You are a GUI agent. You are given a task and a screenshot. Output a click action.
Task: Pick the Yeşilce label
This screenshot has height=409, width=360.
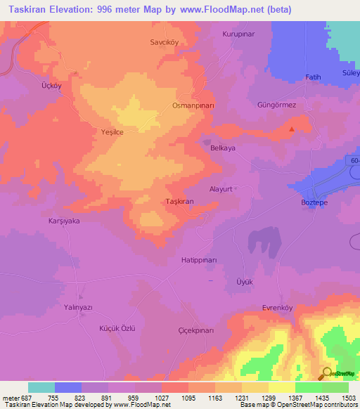pos(112,131)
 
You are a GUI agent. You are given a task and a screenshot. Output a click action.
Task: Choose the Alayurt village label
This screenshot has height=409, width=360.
pos(220,189)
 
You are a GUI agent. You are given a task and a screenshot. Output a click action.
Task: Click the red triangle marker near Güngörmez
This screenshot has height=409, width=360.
pos(292,128)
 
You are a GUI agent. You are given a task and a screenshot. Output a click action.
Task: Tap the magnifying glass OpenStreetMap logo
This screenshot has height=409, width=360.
pos(327,373)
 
